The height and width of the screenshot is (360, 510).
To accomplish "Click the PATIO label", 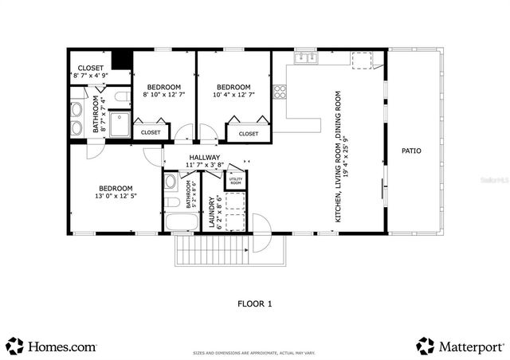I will coord(410,151).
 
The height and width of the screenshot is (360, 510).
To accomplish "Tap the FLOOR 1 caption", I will coord(255,303).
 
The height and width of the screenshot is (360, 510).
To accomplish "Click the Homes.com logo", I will coord(52,346).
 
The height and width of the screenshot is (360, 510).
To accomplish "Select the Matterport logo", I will coord(460,346).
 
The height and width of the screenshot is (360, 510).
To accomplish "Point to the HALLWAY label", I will coord(205,158).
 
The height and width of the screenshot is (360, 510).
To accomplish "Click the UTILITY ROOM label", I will coord(236,182).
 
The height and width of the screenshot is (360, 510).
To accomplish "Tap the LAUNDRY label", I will coord(212,213).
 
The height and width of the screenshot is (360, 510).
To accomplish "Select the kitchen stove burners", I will coord(280,91).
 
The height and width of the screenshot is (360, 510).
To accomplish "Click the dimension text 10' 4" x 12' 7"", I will coord(233,95).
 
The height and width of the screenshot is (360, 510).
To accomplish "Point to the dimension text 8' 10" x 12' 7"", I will coord(163,95).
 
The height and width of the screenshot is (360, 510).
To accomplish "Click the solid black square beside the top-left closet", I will coord(121,61).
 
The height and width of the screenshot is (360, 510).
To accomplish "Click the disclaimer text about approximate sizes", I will coord(254,353).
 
